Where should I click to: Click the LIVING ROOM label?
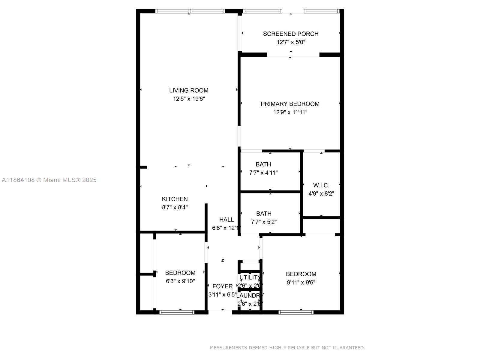tap(189, 90)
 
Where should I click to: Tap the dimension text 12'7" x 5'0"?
tap(291, 42)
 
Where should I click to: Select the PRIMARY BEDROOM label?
tap(290, 104)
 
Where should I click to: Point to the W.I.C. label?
tap(321, 185)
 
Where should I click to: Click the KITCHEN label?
tap(175, 199)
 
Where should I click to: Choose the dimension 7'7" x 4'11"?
tap(263, 173)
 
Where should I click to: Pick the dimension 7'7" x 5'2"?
tap(264, 222)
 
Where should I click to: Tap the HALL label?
tap(226, 219)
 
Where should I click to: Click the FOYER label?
tap(222, 286)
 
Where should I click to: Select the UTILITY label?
tap(250, 277)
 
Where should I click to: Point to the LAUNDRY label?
tap(250, 295)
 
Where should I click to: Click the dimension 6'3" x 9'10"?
tap(180, 281)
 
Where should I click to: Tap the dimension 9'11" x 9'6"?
tap(301, 282)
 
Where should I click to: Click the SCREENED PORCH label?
tap(290, 34)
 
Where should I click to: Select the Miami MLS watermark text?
tap(49, 180)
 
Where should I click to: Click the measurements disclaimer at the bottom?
tap(287, 348)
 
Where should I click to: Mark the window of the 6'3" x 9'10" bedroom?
tap(177, 312)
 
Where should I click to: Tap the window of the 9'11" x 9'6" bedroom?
tap(296, 312)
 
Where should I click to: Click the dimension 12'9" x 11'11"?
tap(290, 112)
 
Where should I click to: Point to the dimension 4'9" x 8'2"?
tap(321, 194)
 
